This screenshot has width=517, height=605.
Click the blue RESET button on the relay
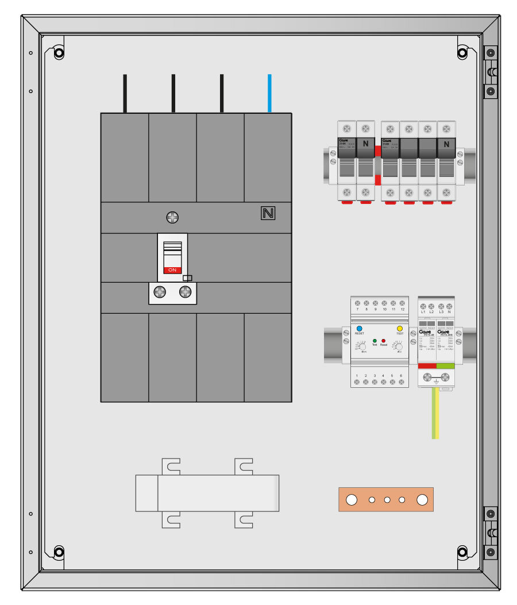359,328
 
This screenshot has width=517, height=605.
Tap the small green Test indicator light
375,341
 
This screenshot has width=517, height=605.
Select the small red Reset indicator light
384,341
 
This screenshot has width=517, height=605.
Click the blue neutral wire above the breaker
269,93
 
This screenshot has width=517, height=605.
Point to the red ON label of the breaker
172,269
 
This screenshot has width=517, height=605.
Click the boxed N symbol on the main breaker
268,214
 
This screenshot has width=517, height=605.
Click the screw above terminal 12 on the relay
402,303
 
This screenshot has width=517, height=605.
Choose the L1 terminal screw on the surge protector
423,306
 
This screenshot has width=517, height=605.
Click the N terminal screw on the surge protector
449,306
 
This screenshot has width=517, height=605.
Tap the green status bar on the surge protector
446,365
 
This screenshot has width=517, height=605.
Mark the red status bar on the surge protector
427,365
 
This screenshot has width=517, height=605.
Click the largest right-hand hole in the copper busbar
422,500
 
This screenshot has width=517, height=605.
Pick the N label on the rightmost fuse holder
446,144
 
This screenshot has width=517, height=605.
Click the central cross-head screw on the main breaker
172,217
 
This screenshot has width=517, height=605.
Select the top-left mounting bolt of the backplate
59,53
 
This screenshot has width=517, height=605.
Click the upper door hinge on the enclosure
490,72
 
